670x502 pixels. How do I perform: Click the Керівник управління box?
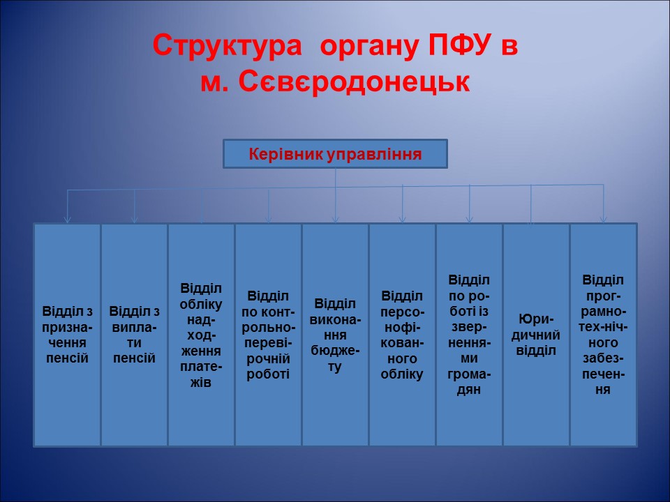[x=335, y=154]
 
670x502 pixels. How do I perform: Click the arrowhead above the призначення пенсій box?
[x=68, y=219]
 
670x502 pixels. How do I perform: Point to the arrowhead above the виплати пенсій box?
[x=135, y=219]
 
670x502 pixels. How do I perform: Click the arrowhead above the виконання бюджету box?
[x=336, y=219]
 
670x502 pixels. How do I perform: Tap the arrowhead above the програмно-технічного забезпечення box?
[x=604, y=219]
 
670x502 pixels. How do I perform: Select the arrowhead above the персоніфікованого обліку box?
[x=403, y=219]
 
